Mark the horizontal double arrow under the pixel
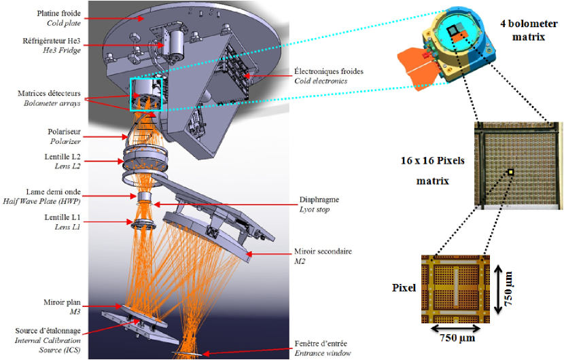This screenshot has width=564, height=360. click(x=455, y=325)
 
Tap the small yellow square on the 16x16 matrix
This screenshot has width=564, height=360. click(x=509, y=171)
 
